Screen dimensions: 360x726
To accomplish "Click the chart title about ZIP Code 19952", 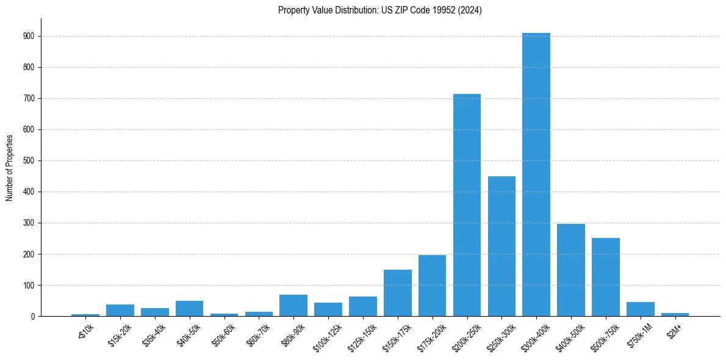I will coord(379,10).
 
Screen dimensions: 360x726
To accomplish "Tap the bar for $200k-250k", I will coord(467,205).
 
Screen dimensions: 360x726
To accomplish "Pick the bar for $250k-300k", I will coord(501,246).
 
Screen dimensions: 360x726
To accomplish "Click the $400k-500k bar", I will coord(571,270).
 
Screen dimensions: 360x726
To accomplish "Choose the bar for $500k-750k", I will coord(606,277).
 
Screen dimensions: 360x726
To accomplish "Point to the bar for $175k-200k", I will coord(432,286).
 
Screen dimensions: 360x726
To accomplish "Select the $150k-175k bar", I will coord(397,293).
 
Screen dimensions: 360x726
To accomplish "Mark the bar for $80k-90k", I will coord(293,305).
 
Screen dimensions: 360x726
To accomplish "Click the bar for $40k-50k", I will coord(189,308).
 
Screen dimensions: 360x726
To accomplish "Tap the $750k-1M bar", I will coord(641,309).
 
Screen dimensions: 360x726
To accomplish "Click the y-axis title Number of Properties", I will coord(10,168).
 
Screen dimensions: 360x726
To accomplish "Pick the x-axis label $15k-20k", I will coord(120,335).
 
